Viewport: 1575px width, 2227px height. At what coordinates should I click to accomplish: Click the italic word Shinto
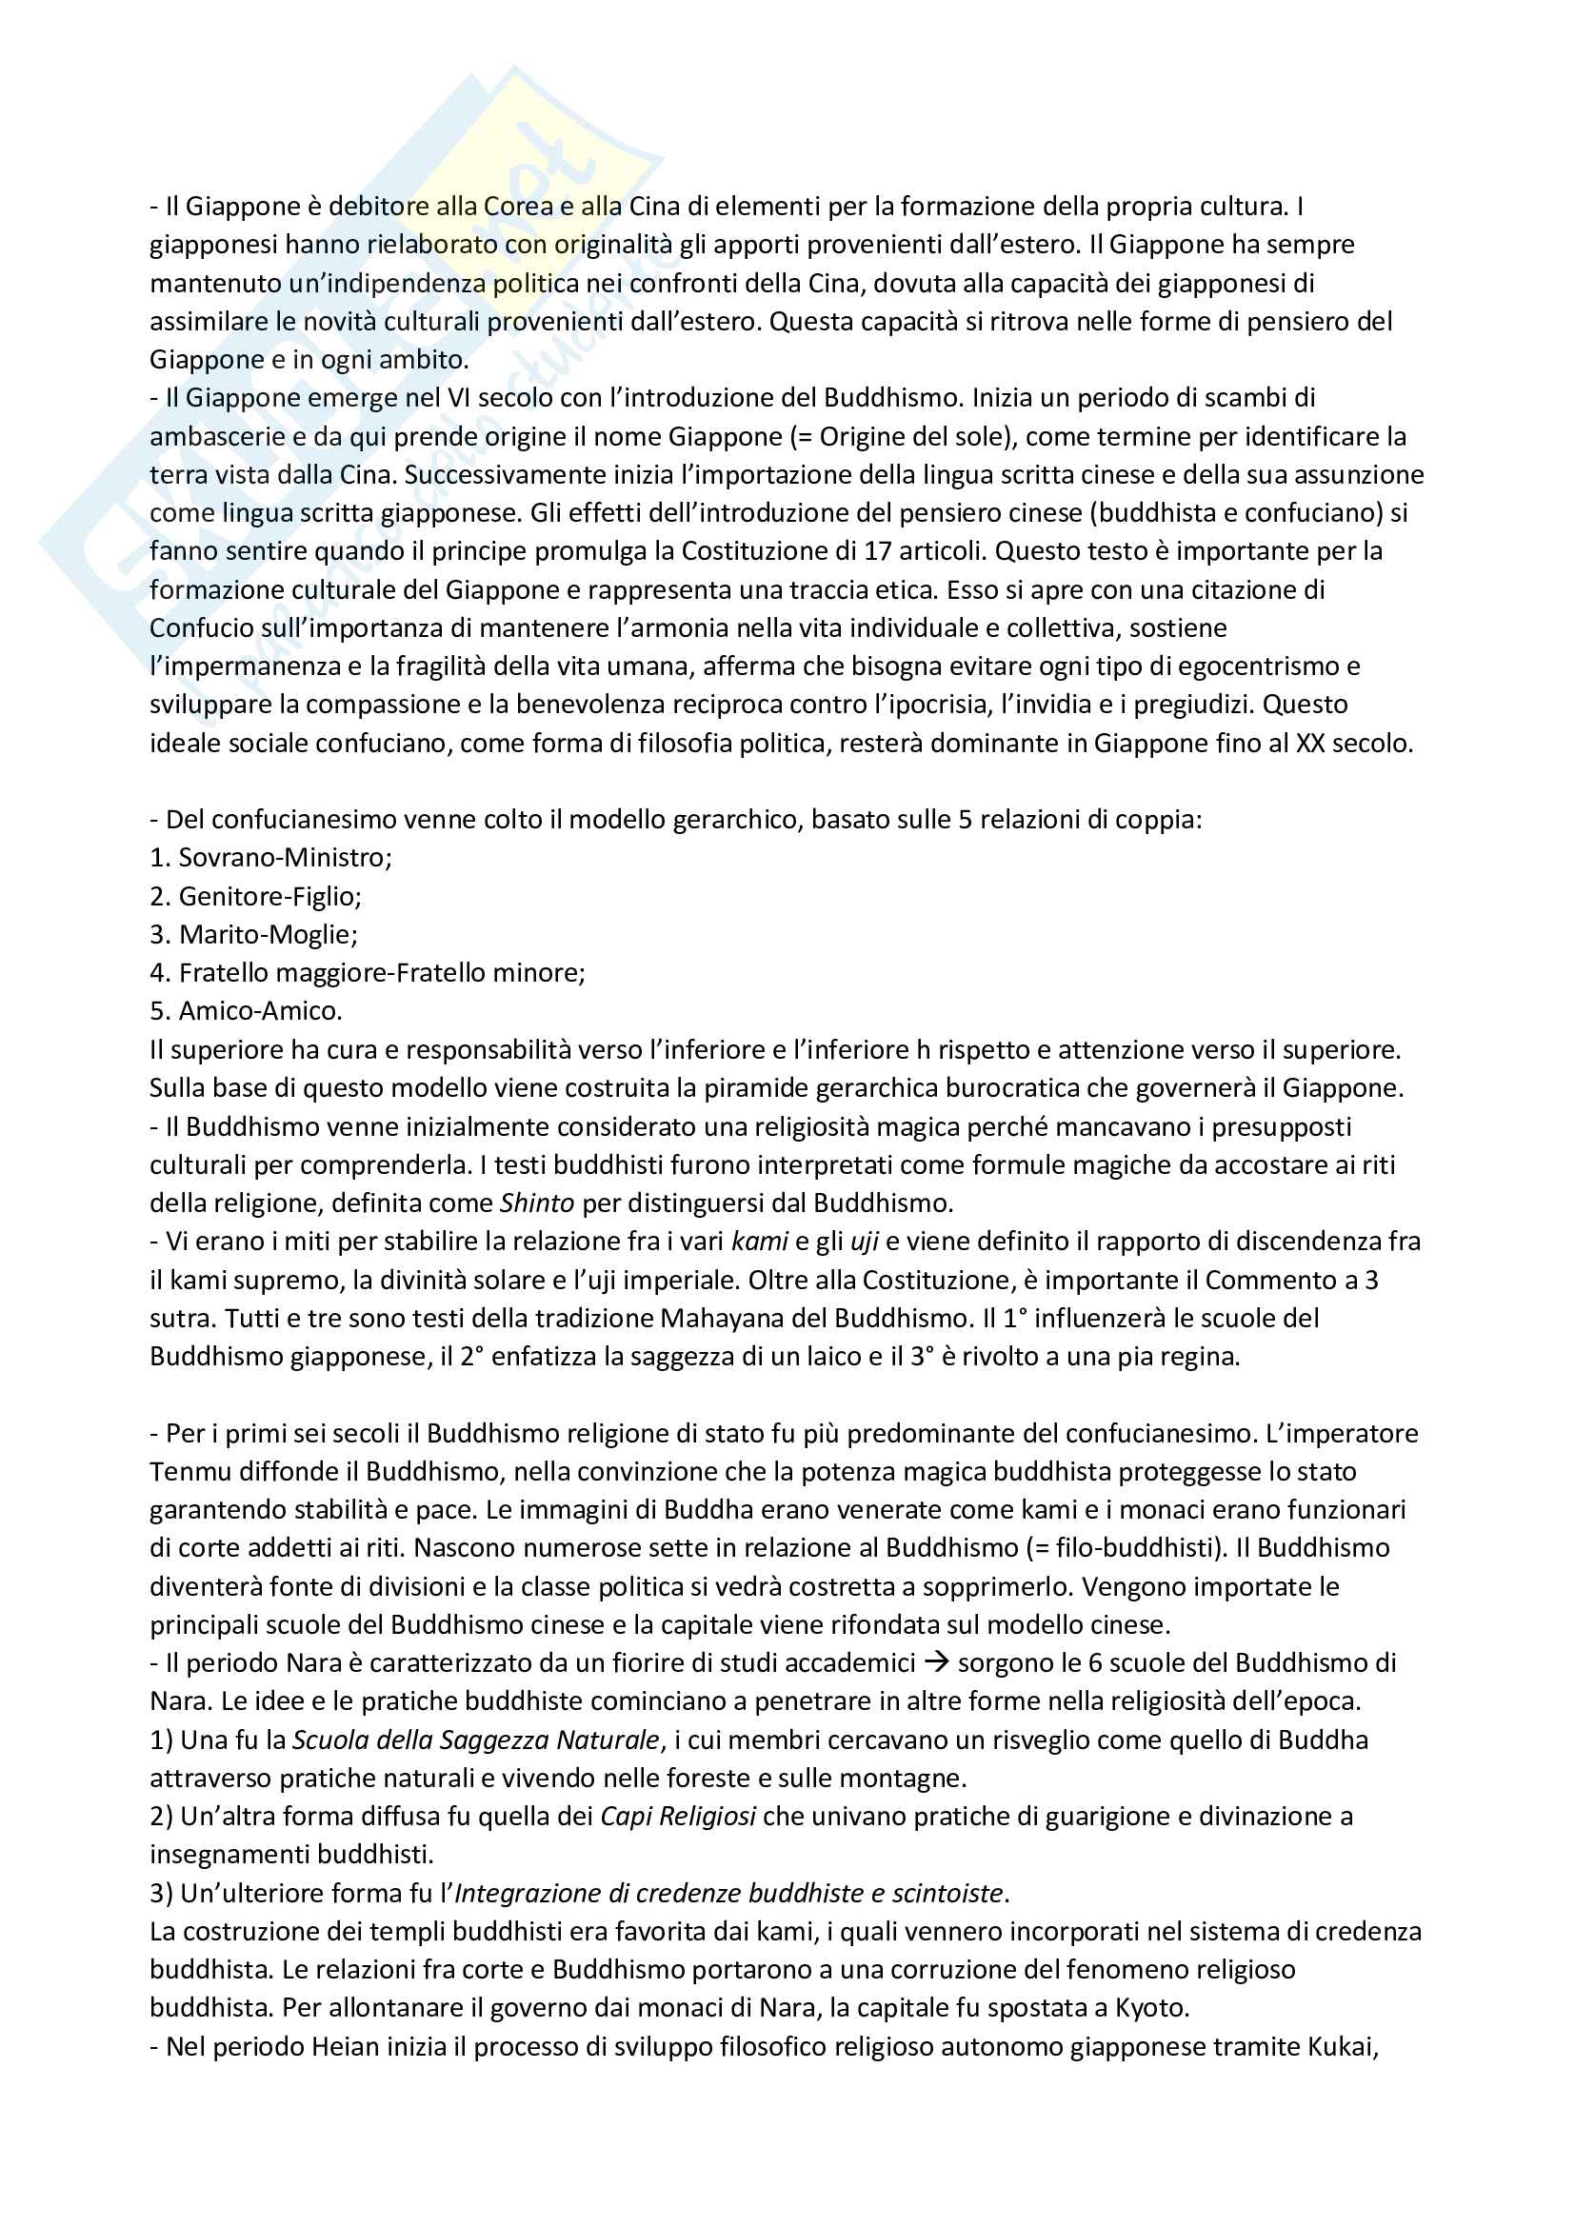537,1203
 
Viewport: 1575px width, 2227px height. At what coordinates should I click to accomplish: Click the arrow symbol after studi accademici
936,1663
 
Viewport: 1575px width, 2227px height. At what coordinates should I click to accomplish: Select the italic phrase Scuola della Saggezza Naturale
475,1740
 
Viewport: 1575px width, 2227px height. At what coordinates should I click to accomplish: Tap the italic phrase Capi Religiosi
678,1817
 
